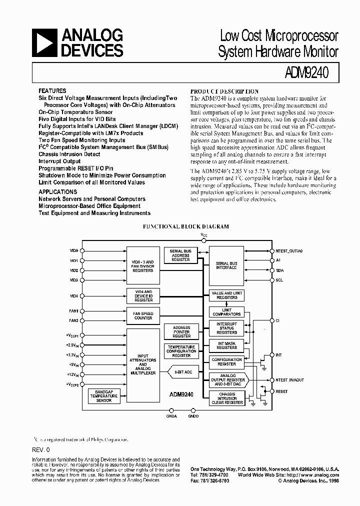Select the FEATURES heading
click(x=52, y=91)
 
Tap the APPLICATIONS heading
click(x=58, y=191)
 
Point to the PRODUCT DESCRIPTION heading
click(x=224, y=91)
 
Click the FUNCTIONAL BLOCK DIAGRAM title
click(x=186, y=226)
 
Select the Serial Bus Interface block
click(x=226, y=265)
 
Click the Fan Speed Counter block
click(x=143, y=315)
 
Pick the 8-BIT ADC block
click(x=182, y=372)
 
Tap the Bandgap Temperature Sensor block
click(x=104, y=396)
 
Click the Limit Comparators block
click(x=226, y=312)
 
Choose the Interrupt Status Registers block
click(x=226, y=328)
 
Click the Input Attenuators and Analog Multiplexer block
click(x=143, y=364)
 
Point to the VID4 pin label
click(x=74, y=295)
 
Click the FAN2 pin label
click(x=73, y=320)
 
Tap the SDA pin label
click(x=279, y=270)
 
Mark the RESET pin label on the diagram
click(x=281, y=391)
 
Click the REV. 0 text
click(x=41, y=449)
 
